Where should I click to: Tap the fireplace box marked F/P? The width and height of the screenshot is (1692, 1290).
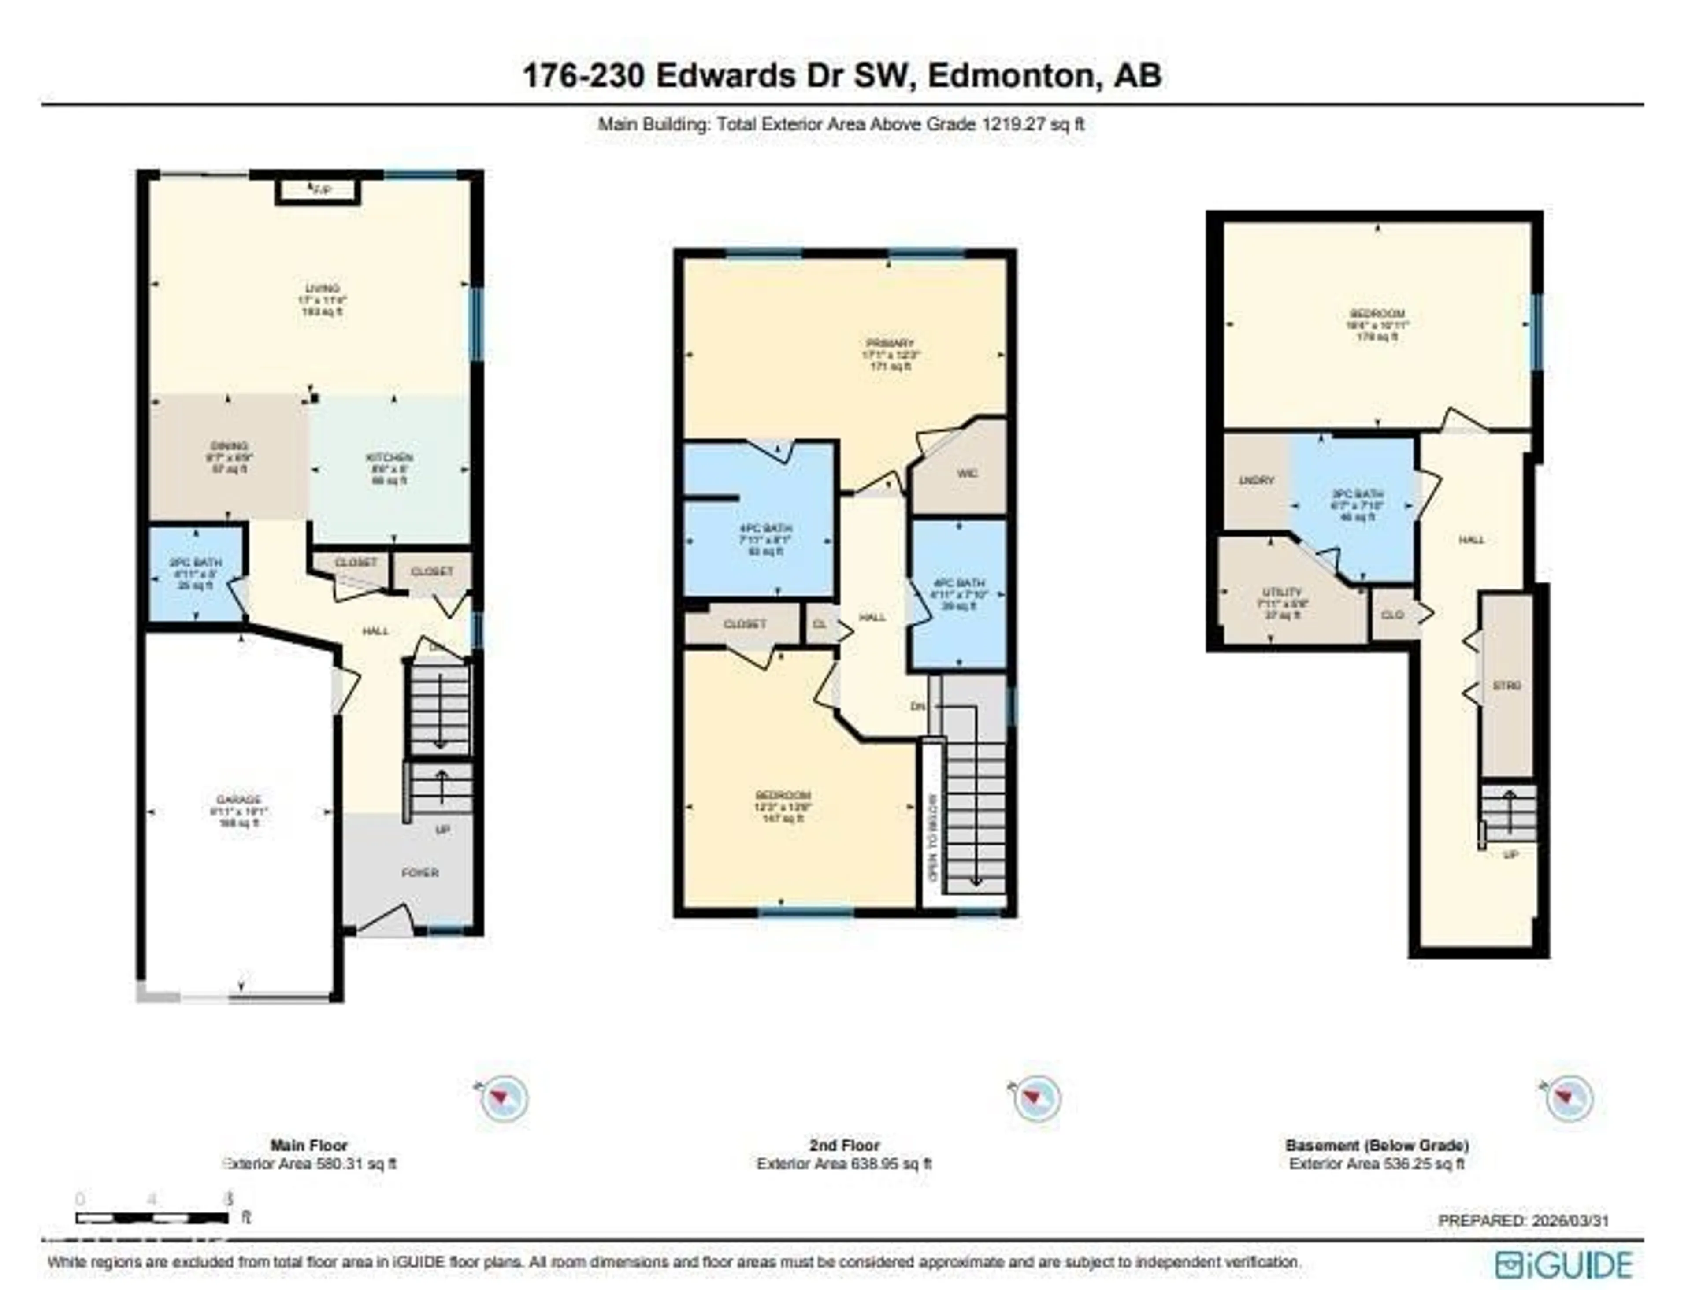pyautogui.click(x=318, y=189)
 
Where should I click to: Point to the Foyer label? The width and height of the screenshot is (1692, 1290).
pyautogui.click(x=420, y=873)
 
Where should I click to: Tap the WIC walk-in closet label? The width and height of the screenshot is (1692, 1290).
pyautogui.click(x=967, y=473)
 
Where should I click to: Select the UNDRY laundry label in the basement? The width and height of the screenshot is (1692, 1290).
pyautogui.click(x=1257, y=481)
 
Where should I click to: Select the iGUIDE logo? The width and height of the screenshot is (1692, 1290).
pyautogui.click(x=1564, y=1264)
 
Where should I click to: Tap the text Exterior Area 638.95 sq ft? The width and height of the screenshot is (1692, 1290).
pyautogui.click(x=843, y=1164)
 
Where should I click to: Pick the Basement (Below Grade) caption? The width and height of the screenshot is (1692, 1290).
pyautogui.click(x=1377, y=1145)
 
